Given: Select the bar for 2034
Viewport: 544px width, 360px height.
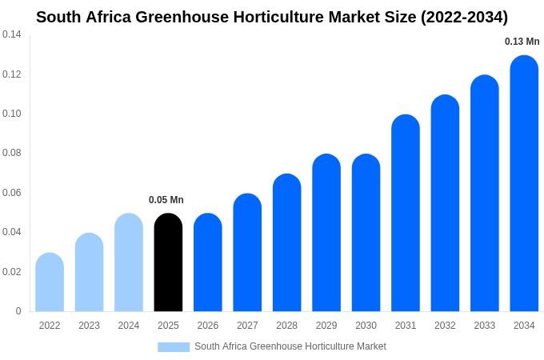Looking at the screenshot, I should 524,184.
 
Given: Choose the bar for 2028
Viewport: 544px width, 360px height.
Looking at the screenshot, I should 286,243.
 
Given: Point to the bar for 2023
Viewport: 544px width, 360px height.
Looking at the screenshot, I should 89,273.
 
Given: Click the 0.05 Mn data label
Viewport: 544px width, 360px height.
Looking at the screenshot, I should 166,200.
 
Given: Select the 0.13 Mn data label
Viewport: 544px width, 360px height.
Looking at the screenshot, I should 522,42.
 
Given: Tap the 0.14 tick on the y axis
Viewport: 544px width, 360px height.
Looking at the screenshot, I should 12,34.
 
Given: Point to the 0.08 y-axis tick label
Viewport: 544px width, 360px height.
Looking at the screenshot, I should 12,153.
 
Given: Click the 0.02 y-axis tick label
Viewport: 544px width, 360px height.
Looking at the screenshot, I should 12,272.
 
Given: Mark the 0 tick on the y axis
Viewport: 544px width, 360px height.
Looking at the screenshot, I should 18,311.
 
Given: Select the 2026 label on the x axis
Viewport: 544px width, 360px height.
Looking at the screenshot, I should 208,326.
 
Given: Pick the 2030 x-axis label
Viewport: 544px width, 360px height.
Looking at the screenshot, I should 366,326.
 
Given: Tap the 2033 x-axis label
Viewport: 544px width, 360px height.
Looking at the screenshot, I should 485,326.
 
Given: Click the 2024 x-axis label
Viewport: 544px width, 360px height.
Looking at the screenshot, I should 129,326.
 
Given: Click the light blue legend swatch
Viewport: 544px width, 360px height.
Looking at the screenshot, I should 174,347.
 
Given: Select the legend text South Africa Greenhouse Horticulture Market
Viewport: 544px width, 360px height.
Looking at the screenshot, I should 290,346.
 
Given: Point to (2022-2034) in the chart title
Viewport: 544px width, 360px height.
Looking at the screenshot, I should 464,17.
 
